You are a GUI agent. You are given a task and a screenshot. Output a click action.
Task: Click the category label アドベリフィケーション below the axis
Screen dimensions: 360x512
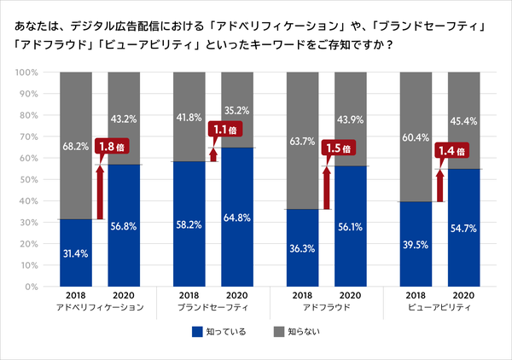[x=99, y=305]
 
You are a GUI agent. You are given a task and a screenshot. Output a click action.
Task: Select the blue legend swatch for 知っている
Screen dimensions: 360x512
[x=196, y=331]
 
